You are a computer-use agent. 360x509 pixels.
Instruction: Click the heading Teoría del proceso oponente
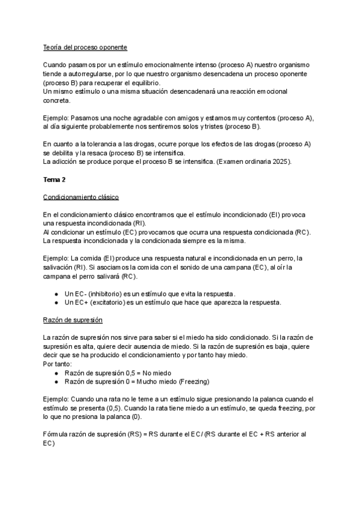[x=85, y=47]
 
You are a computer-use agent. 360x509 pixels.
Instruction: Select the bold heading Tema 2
[x=55, y=179]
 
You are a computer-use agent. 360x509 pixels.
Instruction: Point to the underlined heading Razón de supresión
[x=73, y=320]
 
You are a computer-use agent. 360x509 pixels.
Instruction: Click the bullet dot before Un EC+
[x=56, y=303]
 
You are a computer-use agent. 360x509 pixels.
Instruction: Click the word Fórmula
[x=57, y=435]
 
